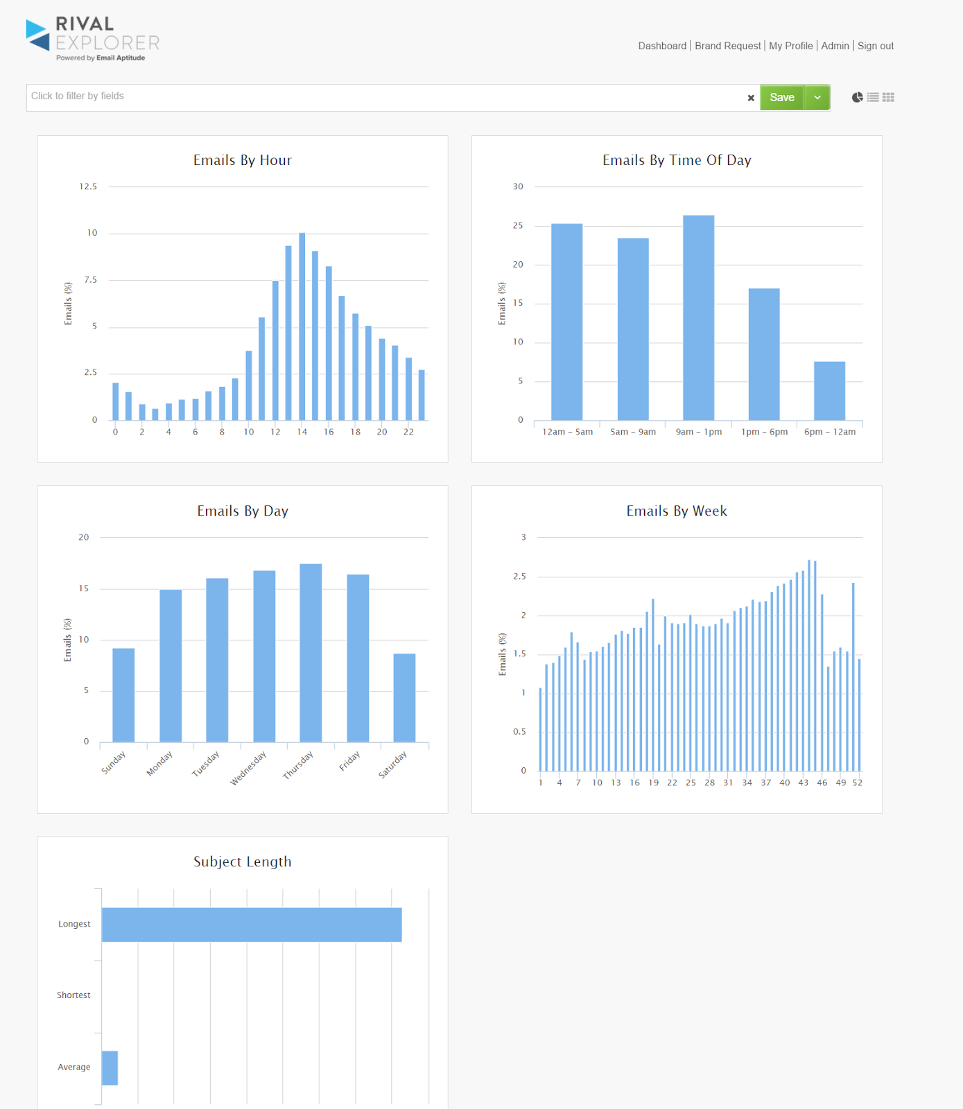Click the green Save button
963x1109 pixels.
tap(781, 98)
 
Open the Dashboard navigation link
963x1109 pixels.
tap(662, 46)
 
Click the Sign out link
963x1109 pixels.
tap(875, 46)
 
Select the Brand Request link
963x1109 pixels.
tap(727, 46)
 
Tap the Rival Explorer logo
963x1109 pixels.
tap(93, 39)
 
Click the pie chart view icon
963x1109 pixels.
tap(858, 98)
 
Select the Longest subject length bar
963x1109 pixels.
tap(252, 925)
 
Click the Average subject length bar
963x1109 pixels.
tap(110, 1067)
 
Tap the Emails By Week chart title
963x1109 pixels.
tap(677, 511)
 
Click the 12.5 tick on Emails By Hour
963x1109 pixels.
tap(88, 186)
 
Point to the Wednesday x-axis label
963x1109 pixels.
tap(248, 768)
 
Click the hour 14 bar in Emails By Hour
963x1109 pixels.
tap(302, 326)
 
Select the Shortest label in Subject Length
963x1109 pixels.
tap(73, 995)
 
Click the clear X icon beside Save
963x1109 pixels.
tap(751, 98)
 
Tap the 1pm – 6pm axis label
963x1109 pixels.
tap(764, 432)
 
